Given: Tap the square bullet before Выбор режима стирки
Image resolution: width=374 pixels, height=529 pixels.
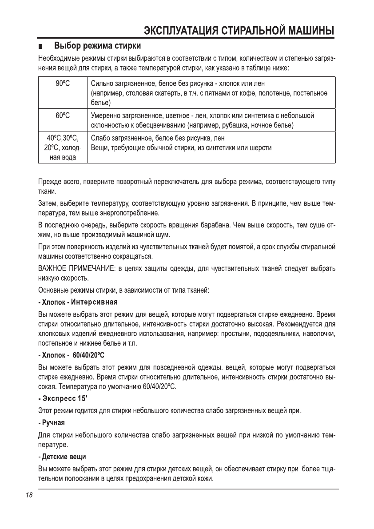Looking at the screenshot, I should coord(40,47).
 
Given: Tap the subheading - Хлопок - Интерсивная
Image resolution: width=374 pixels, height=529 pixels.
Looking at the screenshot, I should coord(78,302).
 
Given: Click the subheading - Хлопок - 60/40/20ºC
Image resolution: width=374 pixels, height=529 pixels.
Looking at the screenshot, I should coord(72,355).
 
